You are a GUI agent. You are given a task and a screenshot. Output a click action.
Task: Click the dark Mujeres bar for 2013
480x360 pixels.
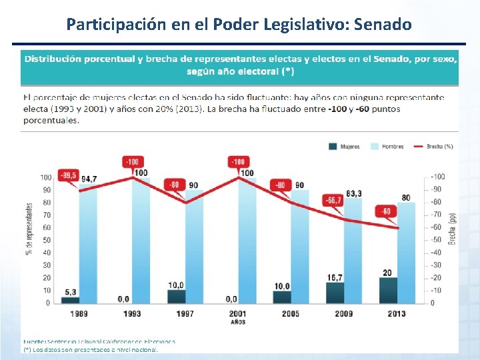click(x=388, y=290)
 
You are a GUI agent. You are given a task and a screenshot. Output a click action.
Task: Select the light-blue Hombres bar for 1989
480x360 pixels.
click(x=89, y=243)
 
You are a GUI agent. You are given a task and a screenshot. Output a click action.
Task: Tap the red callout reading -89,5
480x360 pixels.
click(x=68, y=175)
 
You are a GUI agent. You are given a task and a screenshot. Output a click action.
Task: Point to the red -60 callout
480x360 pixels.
click(x=386, y=211)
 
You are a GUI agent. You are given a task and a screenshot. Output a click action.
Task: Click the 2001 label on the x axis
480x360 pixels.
click(x=237, y=313)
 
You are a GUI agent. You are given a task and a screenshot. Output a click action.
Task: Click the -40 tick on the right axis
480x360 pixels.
click(x=437, y=253)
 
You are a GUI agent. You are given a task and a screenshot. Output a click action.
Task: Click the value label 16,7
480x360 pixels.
click(x=335, y=277)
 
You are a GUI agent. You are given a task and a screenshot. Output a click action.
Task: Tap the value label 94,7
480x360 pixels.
click(x=89, y=179)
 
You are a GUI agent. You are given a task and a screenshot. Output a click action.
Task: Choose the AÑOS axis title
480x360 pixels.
click(x=237, y=322)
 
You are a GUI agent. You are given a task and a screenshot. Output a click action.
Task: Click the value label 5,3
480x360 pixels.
click(x=70, y=291)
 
